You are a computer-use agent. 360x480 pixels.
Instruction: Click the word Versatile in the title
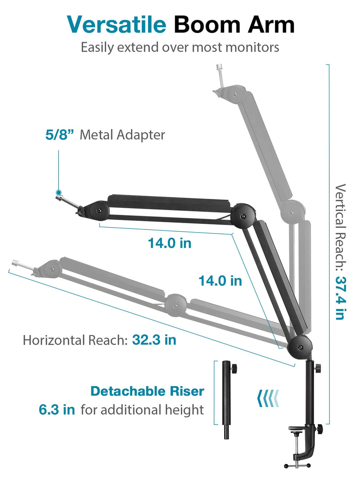[117, 24]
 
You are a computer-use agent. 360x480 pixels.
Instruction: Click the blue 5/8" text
[60, 135]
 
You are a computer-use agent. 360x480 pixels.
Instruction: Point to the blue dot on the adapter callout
[58, 193]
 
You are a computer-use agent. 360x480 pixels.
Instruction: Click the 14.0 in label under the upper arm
[170, 243]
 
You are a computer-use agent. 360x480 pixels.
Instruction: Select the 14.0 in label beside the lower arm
[220, 281]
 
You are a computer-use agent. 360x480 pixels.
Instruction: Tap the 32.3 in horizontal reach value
[154, 340]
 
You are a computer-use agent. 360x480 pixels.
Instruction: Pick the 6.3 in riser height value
[57, 409]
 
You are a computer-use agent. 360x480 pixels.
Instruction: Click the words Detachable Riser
[147, 391]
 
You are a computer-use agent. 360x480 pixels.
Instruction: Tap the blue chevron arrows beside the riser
[268, 398]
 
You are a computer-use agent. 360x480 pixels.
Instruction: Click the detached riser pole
[227, 400]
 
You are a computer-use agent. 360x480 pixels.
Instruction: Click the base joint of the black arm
[300, 347]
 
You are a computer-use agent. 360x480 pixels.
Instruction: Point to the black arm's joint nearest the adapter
[99, 211]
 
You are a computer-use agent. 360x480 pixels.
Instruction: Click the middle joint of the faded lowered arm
[175, 305]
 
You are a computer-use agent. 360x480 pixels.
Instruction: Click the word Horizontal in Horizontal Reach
[54, 340]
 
